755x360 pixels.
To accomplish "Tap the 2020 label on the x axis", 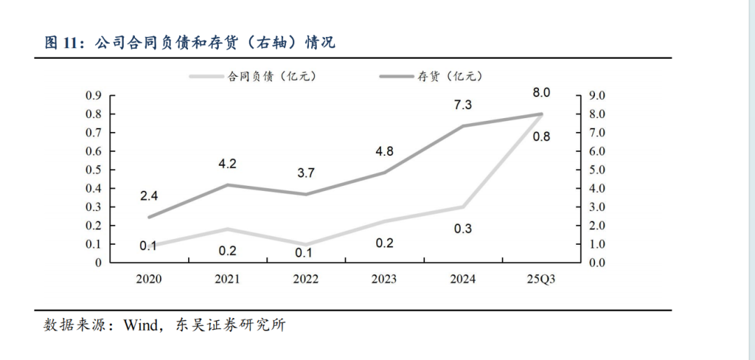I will [149, 279].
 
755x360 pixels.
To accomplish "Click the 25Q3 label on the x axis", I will [542, 279].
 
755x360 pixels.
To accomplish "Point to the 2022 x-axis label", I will [306, 279].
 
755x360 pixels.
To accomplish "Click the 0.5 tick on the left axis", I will [94, 170].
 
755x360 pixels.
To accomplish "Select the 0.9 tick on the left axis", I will [94, 95].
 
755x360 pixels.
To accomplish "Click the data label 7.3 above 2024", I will [463, 105].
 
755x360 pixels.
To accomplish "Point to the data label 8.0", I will [542, 92].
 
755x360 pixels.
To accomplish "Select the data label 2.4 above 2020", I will [148, 196].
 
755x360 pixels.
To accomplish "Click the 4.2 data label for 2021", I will [227, 164].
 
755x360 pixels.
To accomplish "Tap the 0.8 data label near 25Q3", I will [541, 137].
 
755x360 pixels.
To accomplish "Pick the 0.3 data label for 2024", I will [463, 228].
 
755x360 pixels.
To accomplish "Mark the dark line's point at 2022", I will [306, 194].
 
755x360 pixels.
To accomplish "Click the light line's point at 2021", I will [227, 229].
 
